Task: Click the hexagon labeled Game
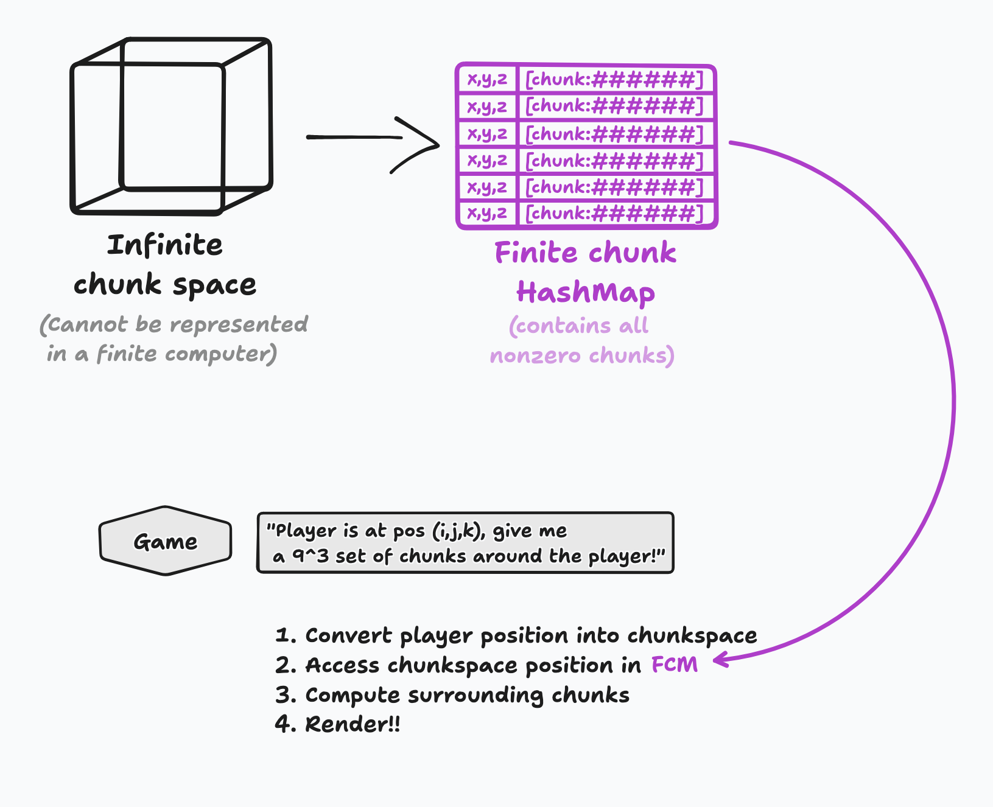(x=166, y=541)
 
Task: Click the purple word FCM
(x=674, y=665)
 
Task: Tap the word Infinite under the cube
(x=165, y=245)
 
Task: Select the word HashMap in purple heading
(x=585, y=292)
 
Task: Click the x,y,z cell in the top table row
(x=487, y=79)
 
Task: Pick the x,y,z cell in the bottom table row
(x=487, y=213)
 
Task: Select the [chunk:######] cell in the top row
(x=614, y=79)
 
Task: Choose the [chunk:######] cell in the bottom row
(x=614, y=213)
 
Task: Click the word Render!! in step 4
(x=353, y=724)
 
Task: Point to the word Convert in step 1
(x=349, y=635)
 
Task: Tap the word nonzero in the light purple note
(x=535, y=355)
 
